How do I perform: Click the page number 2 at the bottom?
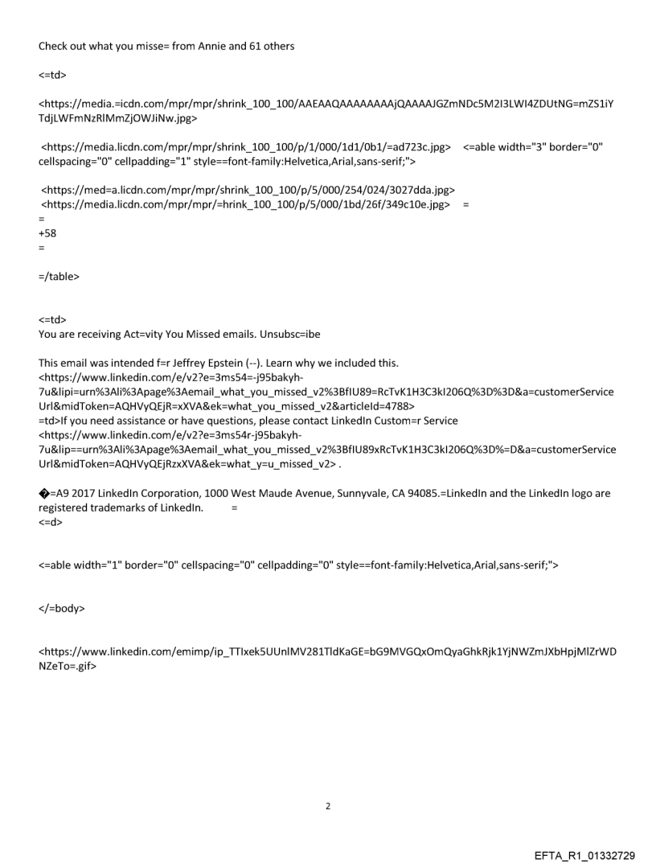328,805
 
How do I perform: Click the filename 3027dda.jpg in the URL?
420,190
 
